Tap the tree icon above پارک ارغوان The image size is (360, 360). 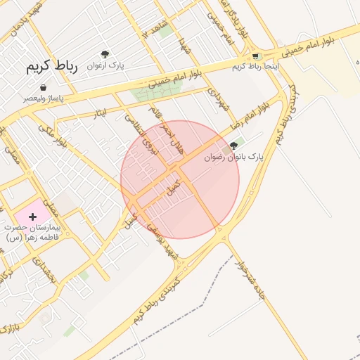pyautogui.click(x=105, y=54)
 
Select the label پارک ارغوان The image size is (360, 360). pyautogui.click(x=105, y=65)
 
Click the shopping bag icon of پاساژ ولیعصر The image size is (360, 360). pyautogui.click(x=44, y=88)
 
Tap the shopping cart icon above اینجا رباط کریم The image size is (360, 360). pyautogui.click(x=255, y=56)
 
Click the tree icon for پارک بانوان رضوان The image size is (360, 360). pyautogui.click(x=234, y=146)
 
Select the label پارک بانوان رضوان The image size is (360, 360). pyautogui.click(x=233, y=157)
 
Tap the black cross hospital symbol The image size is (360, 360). pyautogui.click(x=32, y=217)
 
